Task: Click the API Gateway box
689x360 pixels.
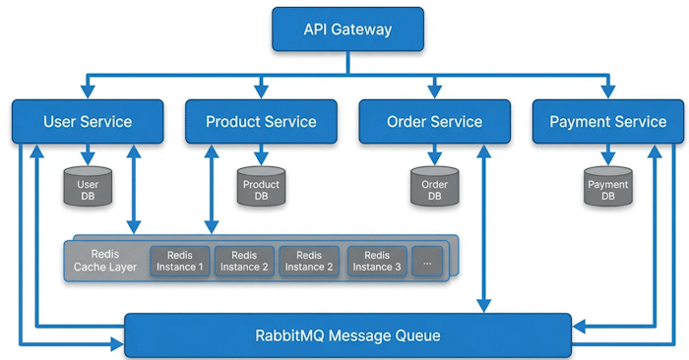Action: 348,29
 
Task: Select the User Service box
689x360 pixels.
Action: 88,122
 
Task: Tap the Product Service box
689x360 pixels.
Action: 261,122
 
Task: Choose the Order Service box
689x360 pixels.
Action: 435,122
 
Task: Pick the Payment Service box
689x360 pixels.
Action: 608,122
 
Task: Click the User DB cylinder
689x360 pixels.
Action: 88,186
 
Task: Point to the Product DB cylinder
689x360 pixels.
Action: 262,186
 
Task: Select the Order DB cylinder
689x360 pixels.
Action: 435,186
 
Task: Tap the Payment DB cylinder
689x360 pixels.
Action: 608,186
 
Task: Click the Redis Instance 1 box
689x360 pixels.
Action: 180,262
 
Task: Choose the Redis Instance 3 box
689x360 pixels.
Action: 377,262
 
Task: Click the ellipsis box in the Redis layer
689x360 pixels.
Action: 427,262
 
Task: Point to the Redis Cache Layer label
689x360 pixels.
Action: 105,261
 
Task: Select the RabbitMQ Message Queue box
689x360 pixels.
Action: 348,335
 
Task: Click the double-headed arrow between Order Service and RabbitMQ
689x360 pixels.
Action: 484,229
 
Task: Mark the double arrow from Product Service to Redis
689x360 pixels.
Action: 212,189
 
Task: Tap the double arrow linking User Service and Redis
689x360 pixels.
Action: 134,189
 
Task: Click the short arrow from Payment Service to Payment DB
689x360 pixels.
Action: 608,154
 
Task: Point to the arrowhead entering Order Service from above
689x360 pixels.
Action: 435,91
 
